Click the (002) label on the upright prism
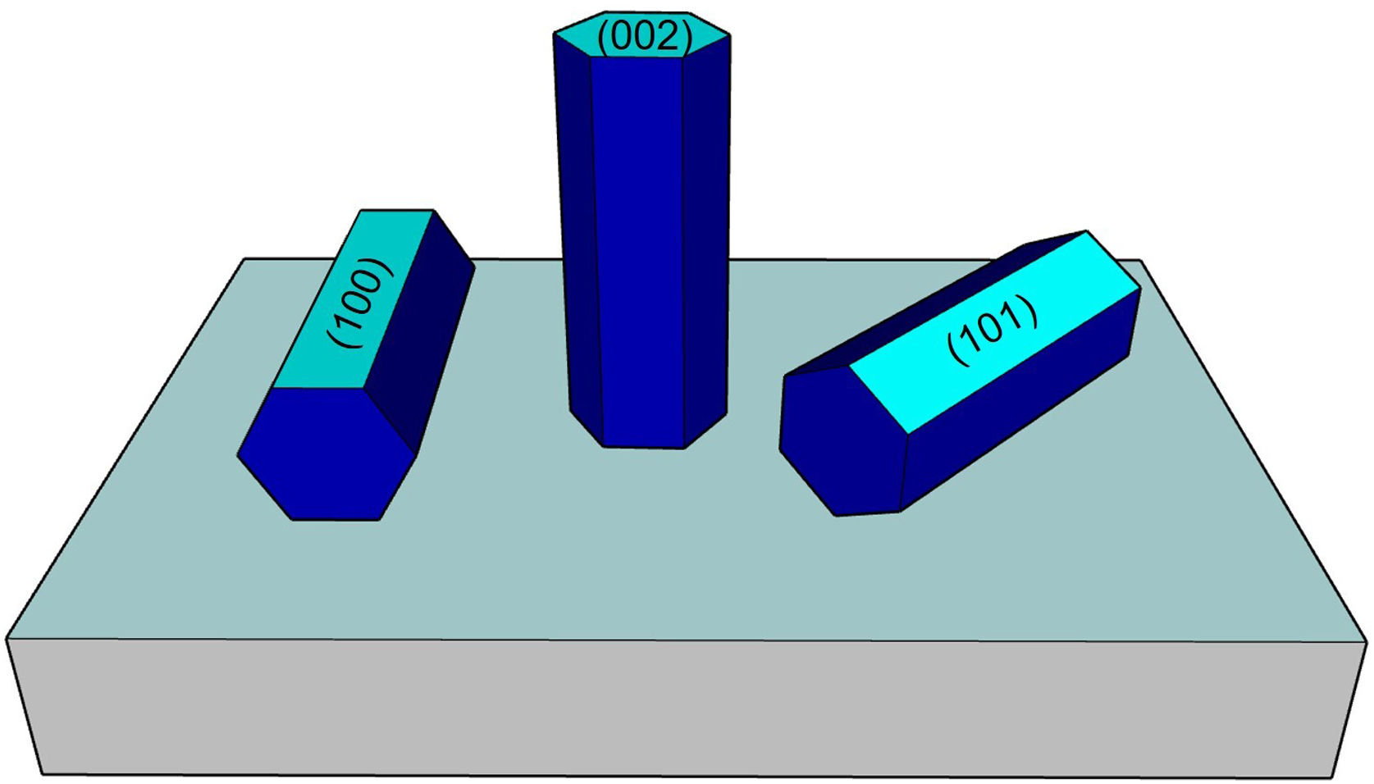[x=645, y=37]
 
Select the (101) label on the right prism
[x=993, y=330]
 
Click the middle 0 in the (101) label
[x=993, y=330]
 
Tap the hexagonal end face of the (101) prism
[x=841, y=443]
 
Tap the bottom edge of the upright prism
[x=644, y=447]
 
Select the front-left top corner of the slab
[x=8, y=639]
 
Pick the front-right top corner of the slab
[x=1366, y=642]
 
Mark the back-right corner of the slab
[x=1140, y=261]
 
